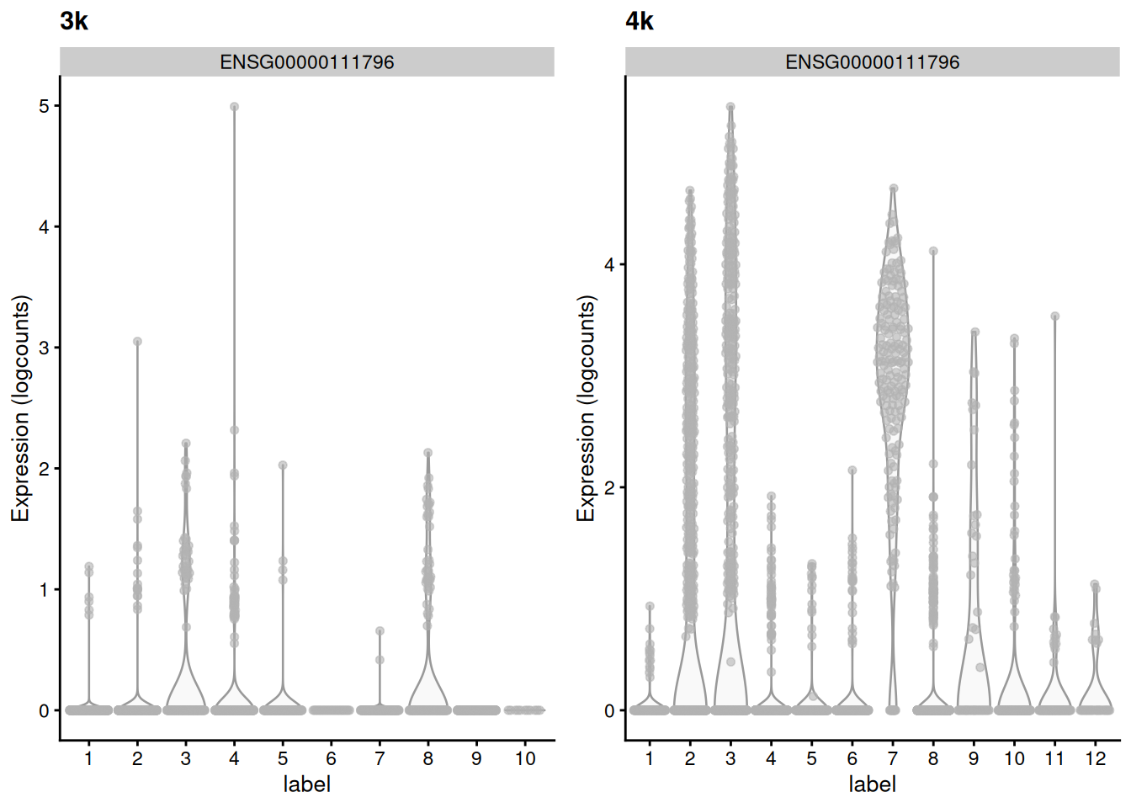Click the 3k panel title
[x=74, y=21]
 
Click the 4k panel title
[x=640, y=21]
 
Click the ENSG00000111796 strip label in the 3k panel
[x=306, y=62]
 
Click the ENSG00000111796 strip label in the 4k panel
[x=872, y=62]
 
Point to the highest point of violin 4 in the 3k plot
[x=234, y=107]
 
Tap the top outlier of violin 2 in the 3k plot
[x=137, y=342]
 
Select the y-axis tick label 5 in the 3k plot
[x=44, y=106]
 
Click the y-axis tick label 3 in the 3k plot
[x=44, y=348]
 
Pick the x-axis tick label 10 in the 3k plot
[x=525, y=759]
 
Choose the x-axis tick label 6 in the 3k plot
[x=331, y=759]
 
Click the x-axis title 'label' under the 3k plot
[x=306, y=784]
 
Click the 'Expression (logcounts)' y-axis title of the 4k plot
[x=586, y=408]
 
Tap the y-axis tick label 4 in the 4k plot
[x=609, y=265]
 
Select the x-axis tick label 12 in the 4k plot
[x=1095, y=759]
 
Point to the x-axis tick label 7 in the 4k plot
[x=892, y=759]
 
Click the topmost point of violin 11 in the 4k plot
[x=1054, y=316]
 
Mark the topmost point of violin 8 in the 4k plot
[x=933, y=251]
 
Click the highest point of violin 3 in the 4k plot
[x=730, y=107]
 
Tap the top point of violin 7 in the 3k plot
[x=380, y=630]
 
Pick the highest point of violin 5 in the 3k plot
[x=283, y=465]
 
